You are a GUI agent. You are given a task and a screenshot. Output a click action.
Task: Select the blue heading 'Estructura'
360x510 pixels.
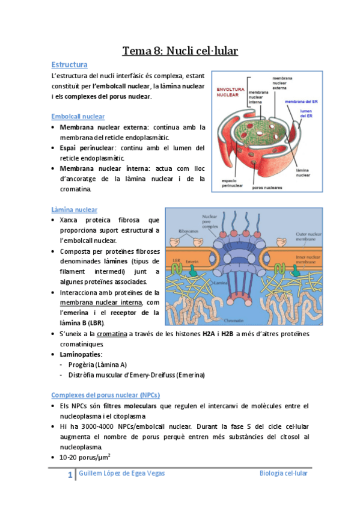point(70,64)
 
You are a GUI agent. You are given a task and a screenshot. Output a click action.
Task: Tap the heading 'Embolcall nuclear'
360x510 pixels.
point(78,116)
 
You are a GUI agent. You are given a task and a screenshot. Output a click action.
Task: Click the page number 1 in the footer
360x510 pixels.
point(70,476)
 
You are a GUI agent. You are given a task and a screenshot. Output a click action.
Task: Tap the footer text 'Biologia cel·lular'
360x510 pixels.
point(282,473)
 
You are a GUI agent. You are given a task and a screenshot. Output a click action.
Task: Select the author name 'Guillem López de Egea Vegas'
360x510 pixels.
point(122,473)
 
